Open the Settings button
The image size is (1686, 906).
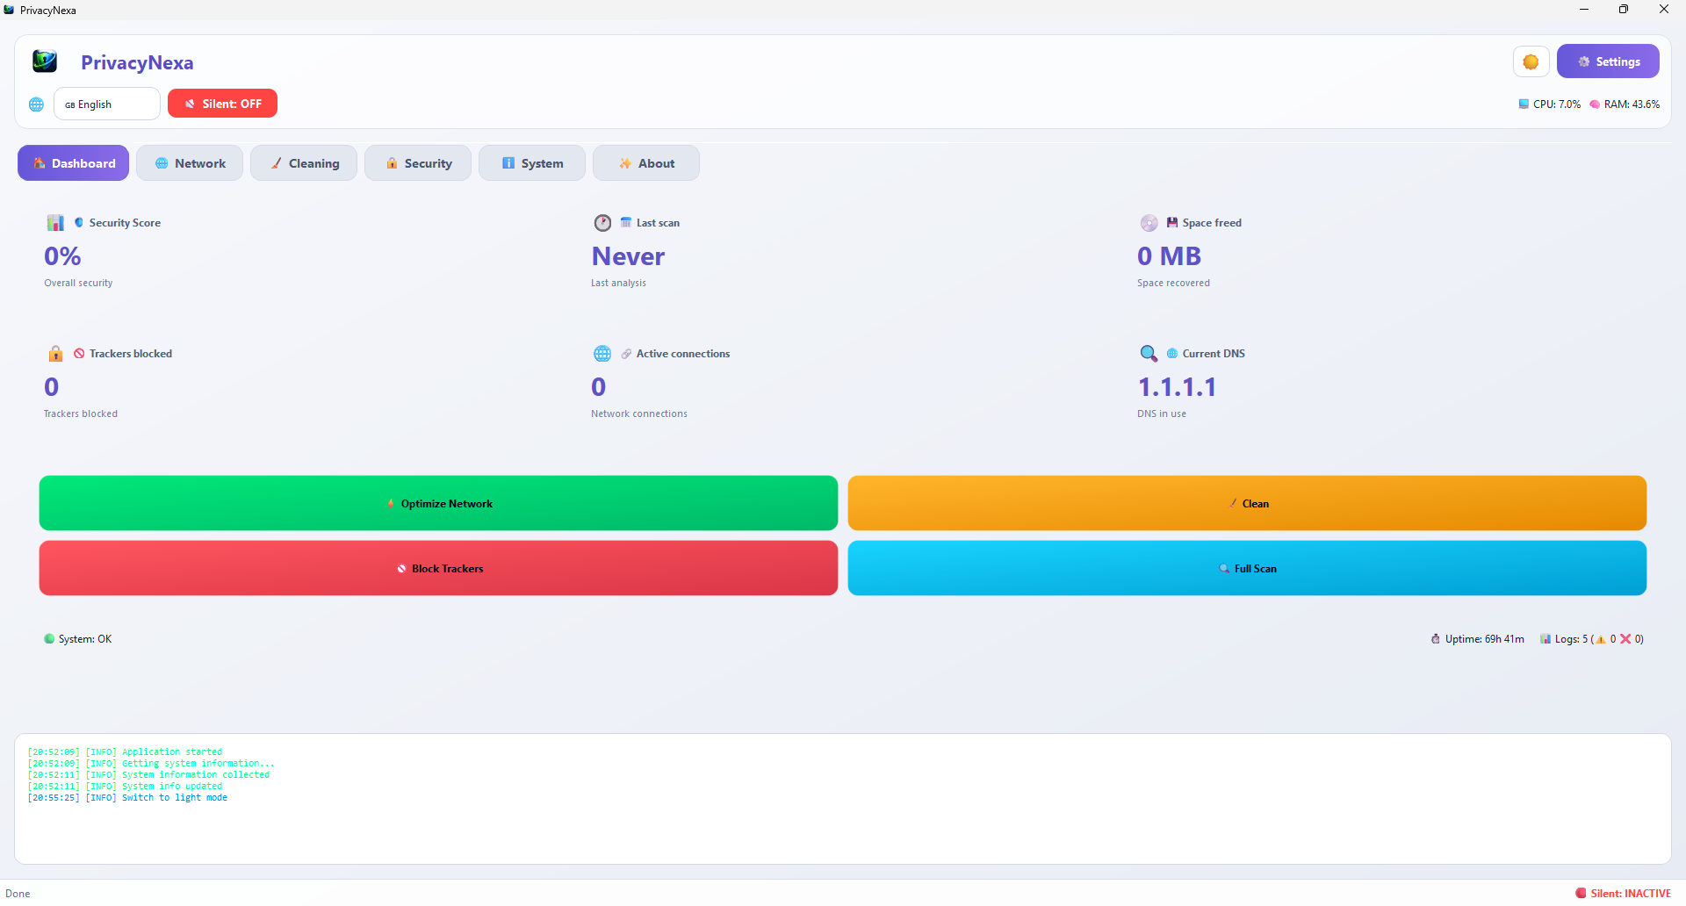click(1608, 61)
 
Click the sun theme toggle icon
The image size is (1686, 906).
click(1531, 61)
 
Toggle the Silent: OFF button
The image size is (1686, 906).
click(222, 104)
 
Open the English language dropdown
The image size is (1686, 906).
click(107, 104)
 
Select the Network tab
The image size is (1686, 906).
click(190, 163)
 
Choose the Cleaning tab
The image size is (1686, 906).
click(304, 163)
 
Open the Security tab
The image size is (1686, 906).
click(418, 163)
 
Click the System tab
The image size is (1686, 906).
click(532, 163)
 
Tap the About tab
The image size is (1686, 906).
click(646, 163)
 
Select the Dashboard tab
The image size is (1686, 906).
click(74, 163)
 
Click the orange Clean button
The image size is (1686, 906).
click(1247, 503)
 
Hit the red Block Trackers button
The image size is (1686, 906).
click(438, 568)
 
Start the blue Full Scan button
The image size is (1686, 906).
click(1247, 568)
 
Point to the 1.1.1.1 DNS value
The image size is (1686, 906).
click(1177, 387)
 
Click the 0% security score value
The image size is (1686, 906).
click(62, 256)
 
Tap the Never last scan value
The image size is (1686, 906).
click(628, 256)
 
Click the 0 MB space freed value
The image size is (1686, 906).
click(1169, 256)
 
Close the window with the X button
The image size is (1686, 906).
click(1663, 10)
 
